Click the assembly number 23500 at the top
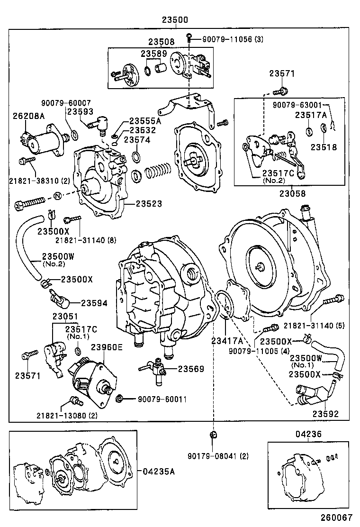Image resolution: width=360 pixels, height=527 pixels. (175, 20)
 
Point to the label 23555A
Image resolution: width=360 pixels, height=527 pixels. (145, 121)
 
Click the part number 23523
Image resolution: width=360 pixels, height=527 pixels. (149, 204)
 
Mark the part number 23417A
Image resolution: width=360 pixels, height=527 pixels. (227, 340)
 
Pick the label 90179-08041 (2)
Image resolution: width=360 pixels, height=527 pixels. (217, 456)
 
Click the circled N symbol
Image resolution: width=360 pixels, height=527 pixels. (57, 195)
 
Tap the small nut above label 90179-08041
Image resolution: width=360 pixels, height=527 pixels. (213, 435)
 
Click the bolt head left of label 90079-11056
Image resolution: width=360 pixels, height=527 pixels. (189, 36)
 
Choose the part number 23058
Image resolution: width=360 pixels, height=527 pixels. (292, 193)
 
